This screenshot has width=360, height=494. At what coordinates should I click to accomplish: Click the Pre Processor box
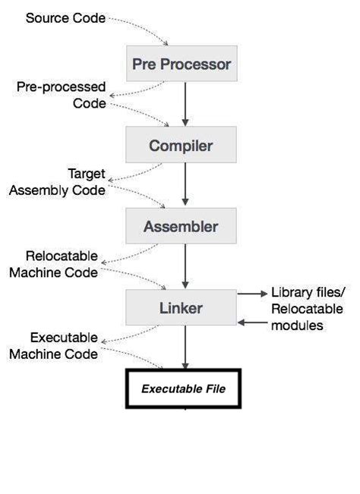click(182, 65)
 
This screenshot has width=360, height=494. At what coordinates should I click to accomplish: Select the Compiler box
click(182, 146)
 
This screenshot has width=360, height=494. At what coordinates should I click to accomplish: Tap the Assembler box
click(182, 227)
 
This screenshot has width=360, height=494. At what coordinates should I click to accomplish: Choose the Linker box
click(182, 308)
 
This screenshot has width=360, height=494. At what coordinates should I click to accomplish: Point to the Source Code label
click(65, 17)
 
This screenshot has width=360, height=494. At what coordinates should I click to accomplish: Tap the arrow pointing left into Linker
click(251, 323)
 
